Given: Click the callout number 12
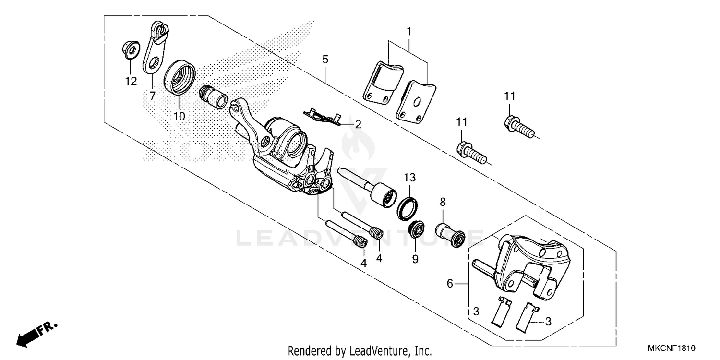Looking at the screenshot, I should (131, 81).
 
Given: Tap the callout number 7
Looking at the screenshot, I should (152, 96).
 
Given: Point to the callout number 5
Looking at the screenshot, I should (325, 60).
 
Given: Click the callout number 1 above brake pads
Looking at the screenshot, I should (408, 32).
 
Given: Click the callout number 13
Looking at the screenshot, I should (408, 178).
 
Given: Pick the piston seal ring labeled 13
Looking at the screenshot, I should (406, 207).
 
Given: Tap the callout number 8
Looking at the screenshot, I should (442, 202).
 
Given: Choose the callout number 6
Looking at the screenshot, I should (449, 284).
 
